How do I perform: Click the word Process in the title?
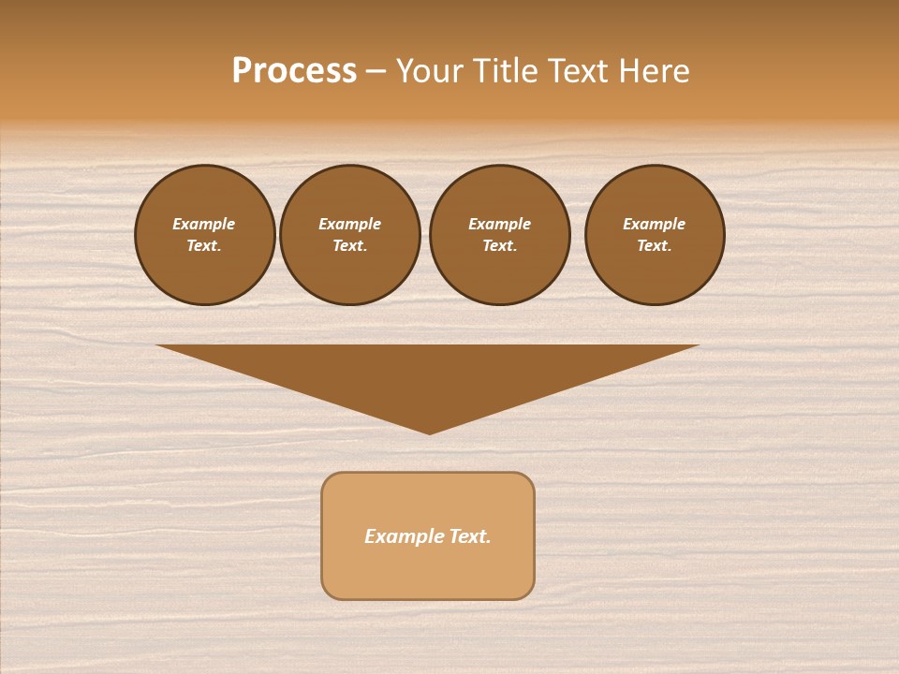(294, 71)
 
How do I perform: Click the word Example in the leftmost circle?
(204, 224)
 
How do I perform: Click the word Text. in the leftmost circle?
(204, 245)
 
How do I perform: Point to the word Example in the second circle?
(349, 224)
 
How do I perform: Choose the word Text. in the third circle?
(499, 245)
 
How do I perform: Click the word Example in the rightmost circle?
(654, 224)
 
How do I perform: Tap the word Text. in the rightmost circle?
(654, 245)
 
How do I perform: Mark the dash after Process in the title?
(376, 72)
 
